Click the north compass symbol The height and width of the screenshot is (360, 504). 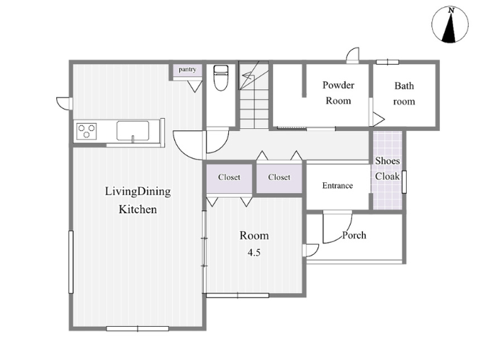[450, 24]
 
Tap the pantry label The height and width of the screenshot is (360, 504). [187, 69]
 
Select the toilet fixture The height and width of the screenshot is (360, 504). [221, 78]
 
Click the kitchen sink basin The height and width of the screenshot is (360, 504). [132, 131]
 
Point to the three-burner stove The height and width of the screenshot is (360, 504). [86, 131]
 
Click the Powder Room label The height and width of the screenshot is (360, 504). [338, 93]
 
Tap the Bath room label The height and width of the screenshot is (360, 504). [404, 94]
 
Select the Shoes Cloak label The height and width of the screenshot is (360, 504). [387, 168]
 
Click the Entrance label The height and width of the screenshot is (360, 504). [338, 186]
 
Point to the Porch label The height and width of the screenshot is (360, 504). [354, 235]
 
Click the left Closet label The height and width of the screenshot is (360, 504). [229, 177]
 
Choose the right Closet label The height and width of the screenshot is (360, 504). [279, 177]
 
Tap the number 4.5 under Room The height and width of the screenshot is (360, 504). [253, 253]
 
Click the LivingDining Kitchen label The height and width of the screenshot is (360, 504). [138, 200]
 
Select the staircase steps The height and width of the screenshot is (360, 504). [254, 95]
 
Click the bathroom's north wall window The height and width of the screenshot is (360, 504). [387, 62]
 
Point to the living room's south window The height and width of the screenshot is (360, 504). [138, 328]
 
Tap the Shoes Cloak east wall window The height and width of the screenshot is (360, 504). [404, 182]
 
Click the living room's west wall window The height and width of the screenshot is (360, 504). [71, 262]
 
